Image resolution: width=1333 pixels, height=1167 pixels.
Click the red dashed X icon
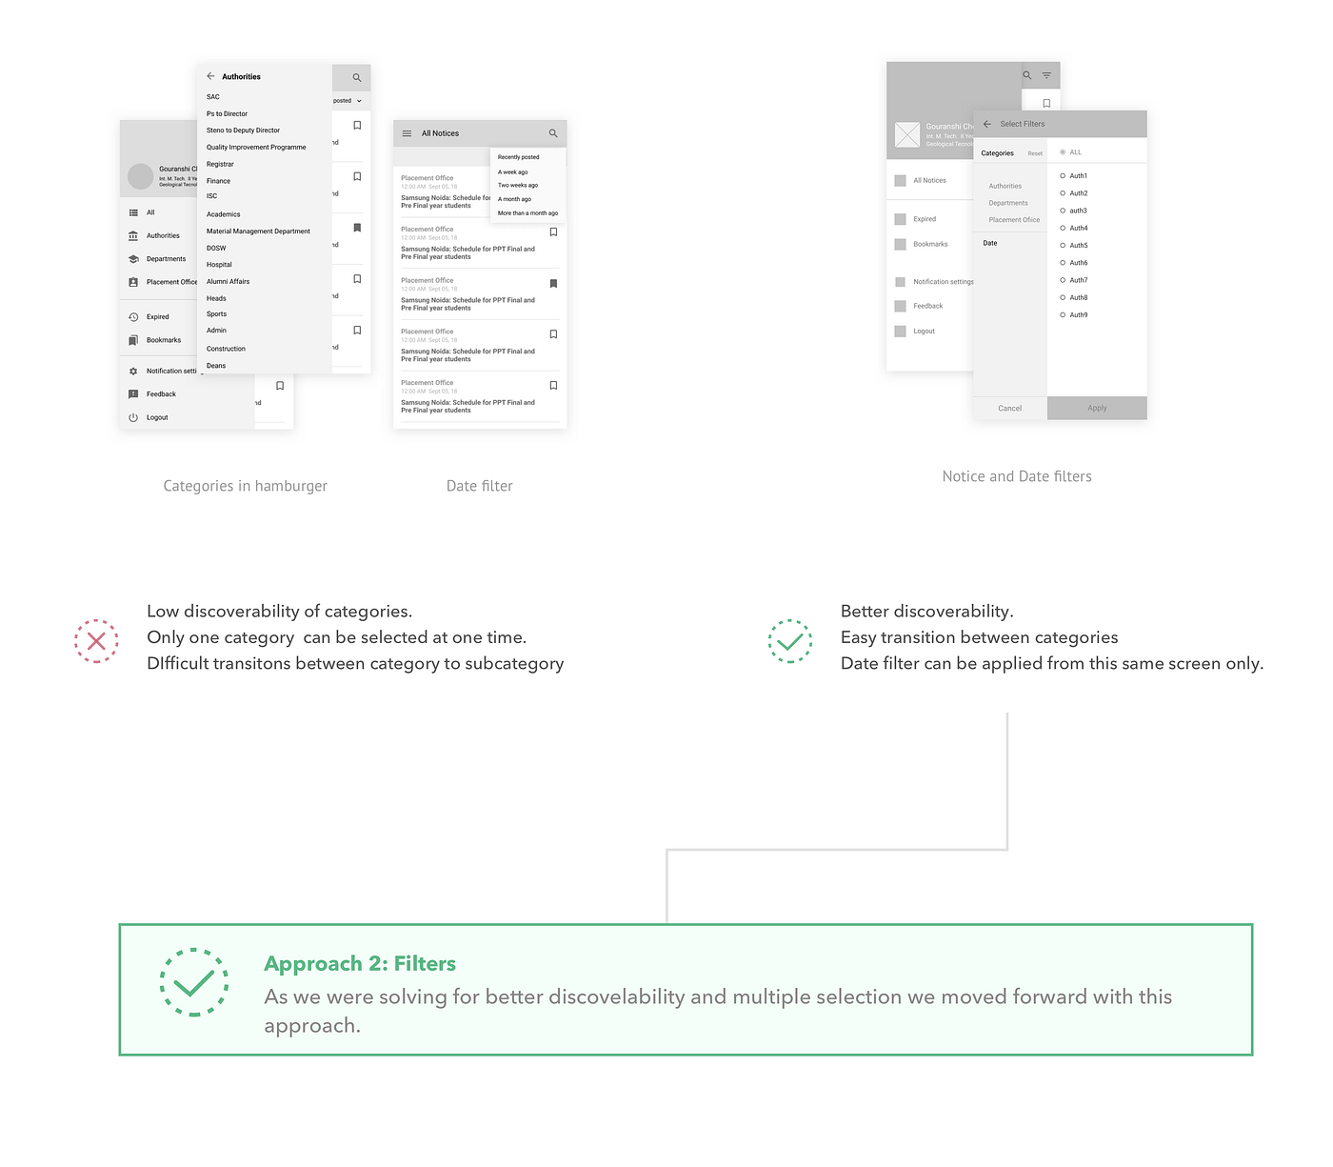point(96,641)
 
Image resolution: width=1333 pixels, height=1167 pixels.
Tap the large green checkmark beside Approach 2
point(194,982)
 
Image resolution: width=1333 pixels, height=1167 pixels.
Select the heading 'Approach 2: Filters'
point(359,963)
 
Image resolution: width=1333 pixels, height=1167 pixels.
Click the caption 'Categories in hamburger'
point(245,486)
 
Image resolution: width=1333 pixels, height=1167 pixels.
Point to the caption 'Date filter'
point(479,486)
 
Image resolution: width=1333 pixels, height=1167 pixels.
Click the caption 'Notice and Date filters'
point(1016,476)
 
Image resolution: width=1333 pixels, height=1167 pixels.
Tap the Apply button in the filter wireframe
point(1097,408)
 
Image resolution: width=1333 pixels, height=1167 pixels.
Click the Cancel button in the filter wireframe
point(1009,408)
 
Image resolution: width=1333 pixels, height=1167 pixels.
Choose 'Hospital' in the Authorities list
point(219,265)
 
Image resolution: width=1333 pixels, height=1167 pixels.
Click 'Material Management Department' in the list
point(258,231)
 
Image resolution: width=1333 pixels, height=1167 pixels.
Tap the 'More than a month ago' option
point(527,213)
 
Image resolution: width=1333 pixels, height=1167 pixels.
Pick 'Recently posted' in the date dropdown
point(518,157)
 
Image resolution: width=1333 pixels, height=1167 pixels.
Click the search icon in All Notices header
point(552,133)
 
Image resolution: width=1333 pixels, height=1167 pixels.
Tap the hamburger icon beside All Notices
point(407,133)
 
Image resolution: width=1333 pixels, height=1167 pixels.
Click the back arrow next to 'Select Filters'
point(987,124)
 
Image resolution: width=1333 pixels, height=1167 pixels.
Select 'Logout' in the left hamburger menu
point(157,417)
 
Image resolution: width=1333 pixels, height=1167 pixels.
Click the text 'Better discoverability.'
point(926,612)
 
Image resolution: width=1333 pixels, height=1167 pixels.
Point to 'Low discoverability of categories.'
point(279,612)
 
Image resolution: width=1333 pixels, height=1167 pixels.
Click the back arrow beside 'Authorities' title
point(210,76)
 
